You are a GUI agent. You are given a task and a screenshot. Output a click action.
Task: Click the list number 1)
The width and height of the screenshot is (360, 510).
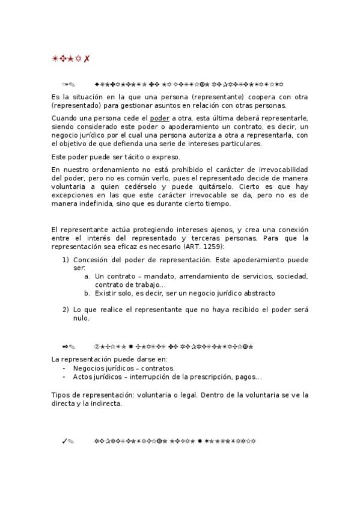[66, 260]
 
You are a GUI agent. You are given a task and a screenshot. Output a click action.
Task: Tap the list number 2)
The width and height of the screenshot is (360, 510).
[66, 310]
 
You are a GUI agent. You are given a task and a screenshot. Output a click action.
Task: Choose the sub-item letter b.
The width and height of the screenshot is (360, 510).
[87, 293]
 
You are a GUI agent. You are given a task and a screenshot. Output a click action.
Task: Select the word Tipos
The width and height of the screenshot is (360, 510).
[62, 395]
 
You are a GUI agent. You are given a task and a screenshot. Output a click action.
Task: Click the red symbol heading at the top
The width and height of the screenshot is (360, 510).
[71, 58]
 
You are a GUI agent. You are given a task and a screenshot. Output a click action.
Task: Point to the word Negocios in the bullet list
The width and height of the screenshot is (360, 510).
[90, 369]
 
